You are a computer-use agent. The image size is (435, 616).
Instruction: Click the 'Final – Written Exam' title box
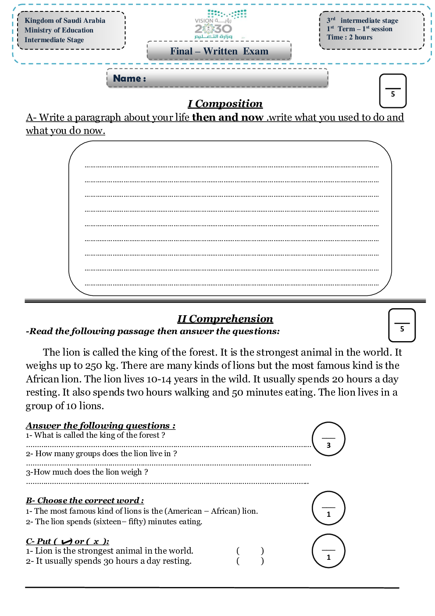pyautogui.click(x=219, y=51)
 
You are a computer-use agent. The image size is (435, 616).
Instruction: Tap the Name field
pyautogui.click(x=217, y=78)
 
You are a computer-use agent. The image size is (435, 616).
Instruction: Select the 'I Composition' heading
pyautogui.click(x=225, y=104)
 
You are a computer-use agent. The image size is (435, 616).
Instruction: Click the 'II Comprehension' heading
pyautogui.click(x=225, y=319)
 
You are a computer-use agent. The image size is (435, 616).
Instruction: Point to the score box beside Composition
pyautogui.click(x=392, y=91)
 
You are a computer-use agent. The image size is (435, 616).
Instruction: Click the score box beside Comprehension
pyautogui.click(x=402, y=325)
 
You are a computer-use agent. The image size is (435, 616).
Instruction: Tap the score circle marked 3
pyautogui.click(x=328, y=439)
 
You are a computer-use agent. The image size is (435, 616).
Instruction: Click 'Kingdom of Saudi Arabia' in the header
pyautogui.click(x=65, y=21)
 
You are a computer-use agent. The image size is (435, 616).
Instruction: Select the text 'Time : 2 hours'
pyautogui.click(x=349, y=37)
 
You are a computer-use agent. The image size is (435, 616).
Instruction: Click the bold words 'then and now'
pyautogui.click(x=228, y=117)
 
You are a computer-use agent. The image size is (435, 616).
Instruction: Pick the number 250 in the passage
pyautogui.click(x=94, y=366)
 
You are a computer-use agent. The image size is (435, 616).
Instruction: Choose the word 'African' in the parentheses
pyautogui.click(x=225, y=511)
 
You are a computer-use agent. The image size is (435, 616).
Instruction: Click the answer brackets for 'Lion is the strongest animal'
pyautogui.click(x=250, y=551)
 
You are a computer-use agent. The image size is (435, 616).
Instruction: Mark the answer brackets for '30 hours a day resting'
pyautogui.click(x=250, y=561)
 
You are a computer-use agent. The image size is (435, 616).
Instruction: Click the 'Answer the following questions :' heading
pyautogui.click(x=100, y=425)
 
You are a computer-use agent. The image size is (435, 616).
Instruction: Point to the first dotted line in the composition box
pyautogui.click(x=232, y=167)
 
